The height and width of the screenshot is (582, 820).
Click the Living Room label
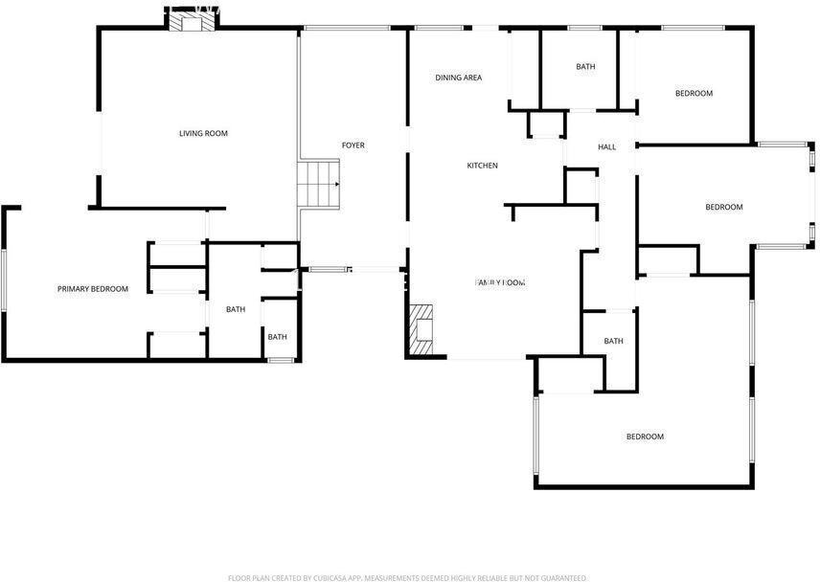(x=203, y=133)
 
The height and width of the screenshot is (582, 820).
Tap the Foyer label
(x=353, y=145)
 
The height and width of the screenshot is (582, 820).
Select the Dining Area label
(x=458, y=78)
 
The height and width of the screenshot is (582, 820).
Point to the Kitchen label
(x=482, y=166)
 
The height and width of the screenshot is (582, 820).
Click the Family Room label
(x=501, y=282)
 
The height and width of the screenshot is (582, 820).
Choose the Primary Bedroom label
(x=92, y=289)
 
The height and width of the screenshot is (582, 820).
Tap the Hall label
(x=607, y=146)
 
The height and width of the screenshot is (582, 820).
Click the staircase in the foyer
(x=319, y=183)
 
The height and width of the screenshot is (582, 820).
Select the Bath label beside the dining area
(x=585, y=67)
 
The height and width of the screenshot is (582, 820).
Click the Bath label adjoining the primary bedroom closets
(x=236, y=309)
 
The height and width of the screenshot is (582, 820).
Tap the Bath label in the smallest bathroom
(x=277, y=337)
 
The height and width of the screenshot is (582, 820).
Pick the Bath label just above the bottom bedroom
(x=613, y=342)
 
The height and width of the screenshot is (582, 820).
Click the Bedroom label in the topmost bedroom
(x=694, y=93)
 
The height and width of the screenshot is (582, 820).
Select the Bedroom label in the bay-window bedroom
(x=723, y=208)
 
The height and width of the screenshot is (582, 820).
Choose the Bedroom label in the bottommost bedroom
(x=645, y=437)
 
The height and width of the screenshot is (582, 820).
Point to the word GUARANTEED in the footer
(x=561, y=578)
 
